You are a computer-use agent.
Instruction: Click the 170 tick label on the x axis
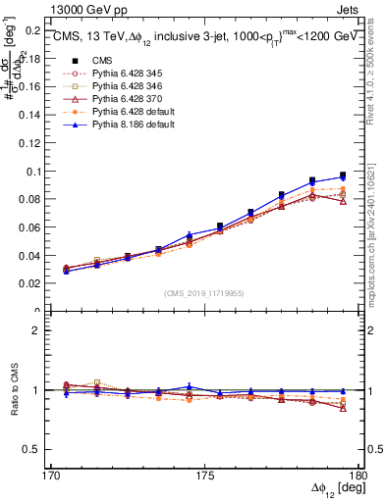(50, 476)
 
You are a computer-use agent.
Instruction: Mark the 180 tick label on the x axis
(358, 476)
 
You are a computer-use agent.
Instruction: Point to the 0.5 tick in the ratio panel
(34, 449)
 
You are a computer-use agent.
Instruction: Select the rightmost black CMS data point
(343, 176)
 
